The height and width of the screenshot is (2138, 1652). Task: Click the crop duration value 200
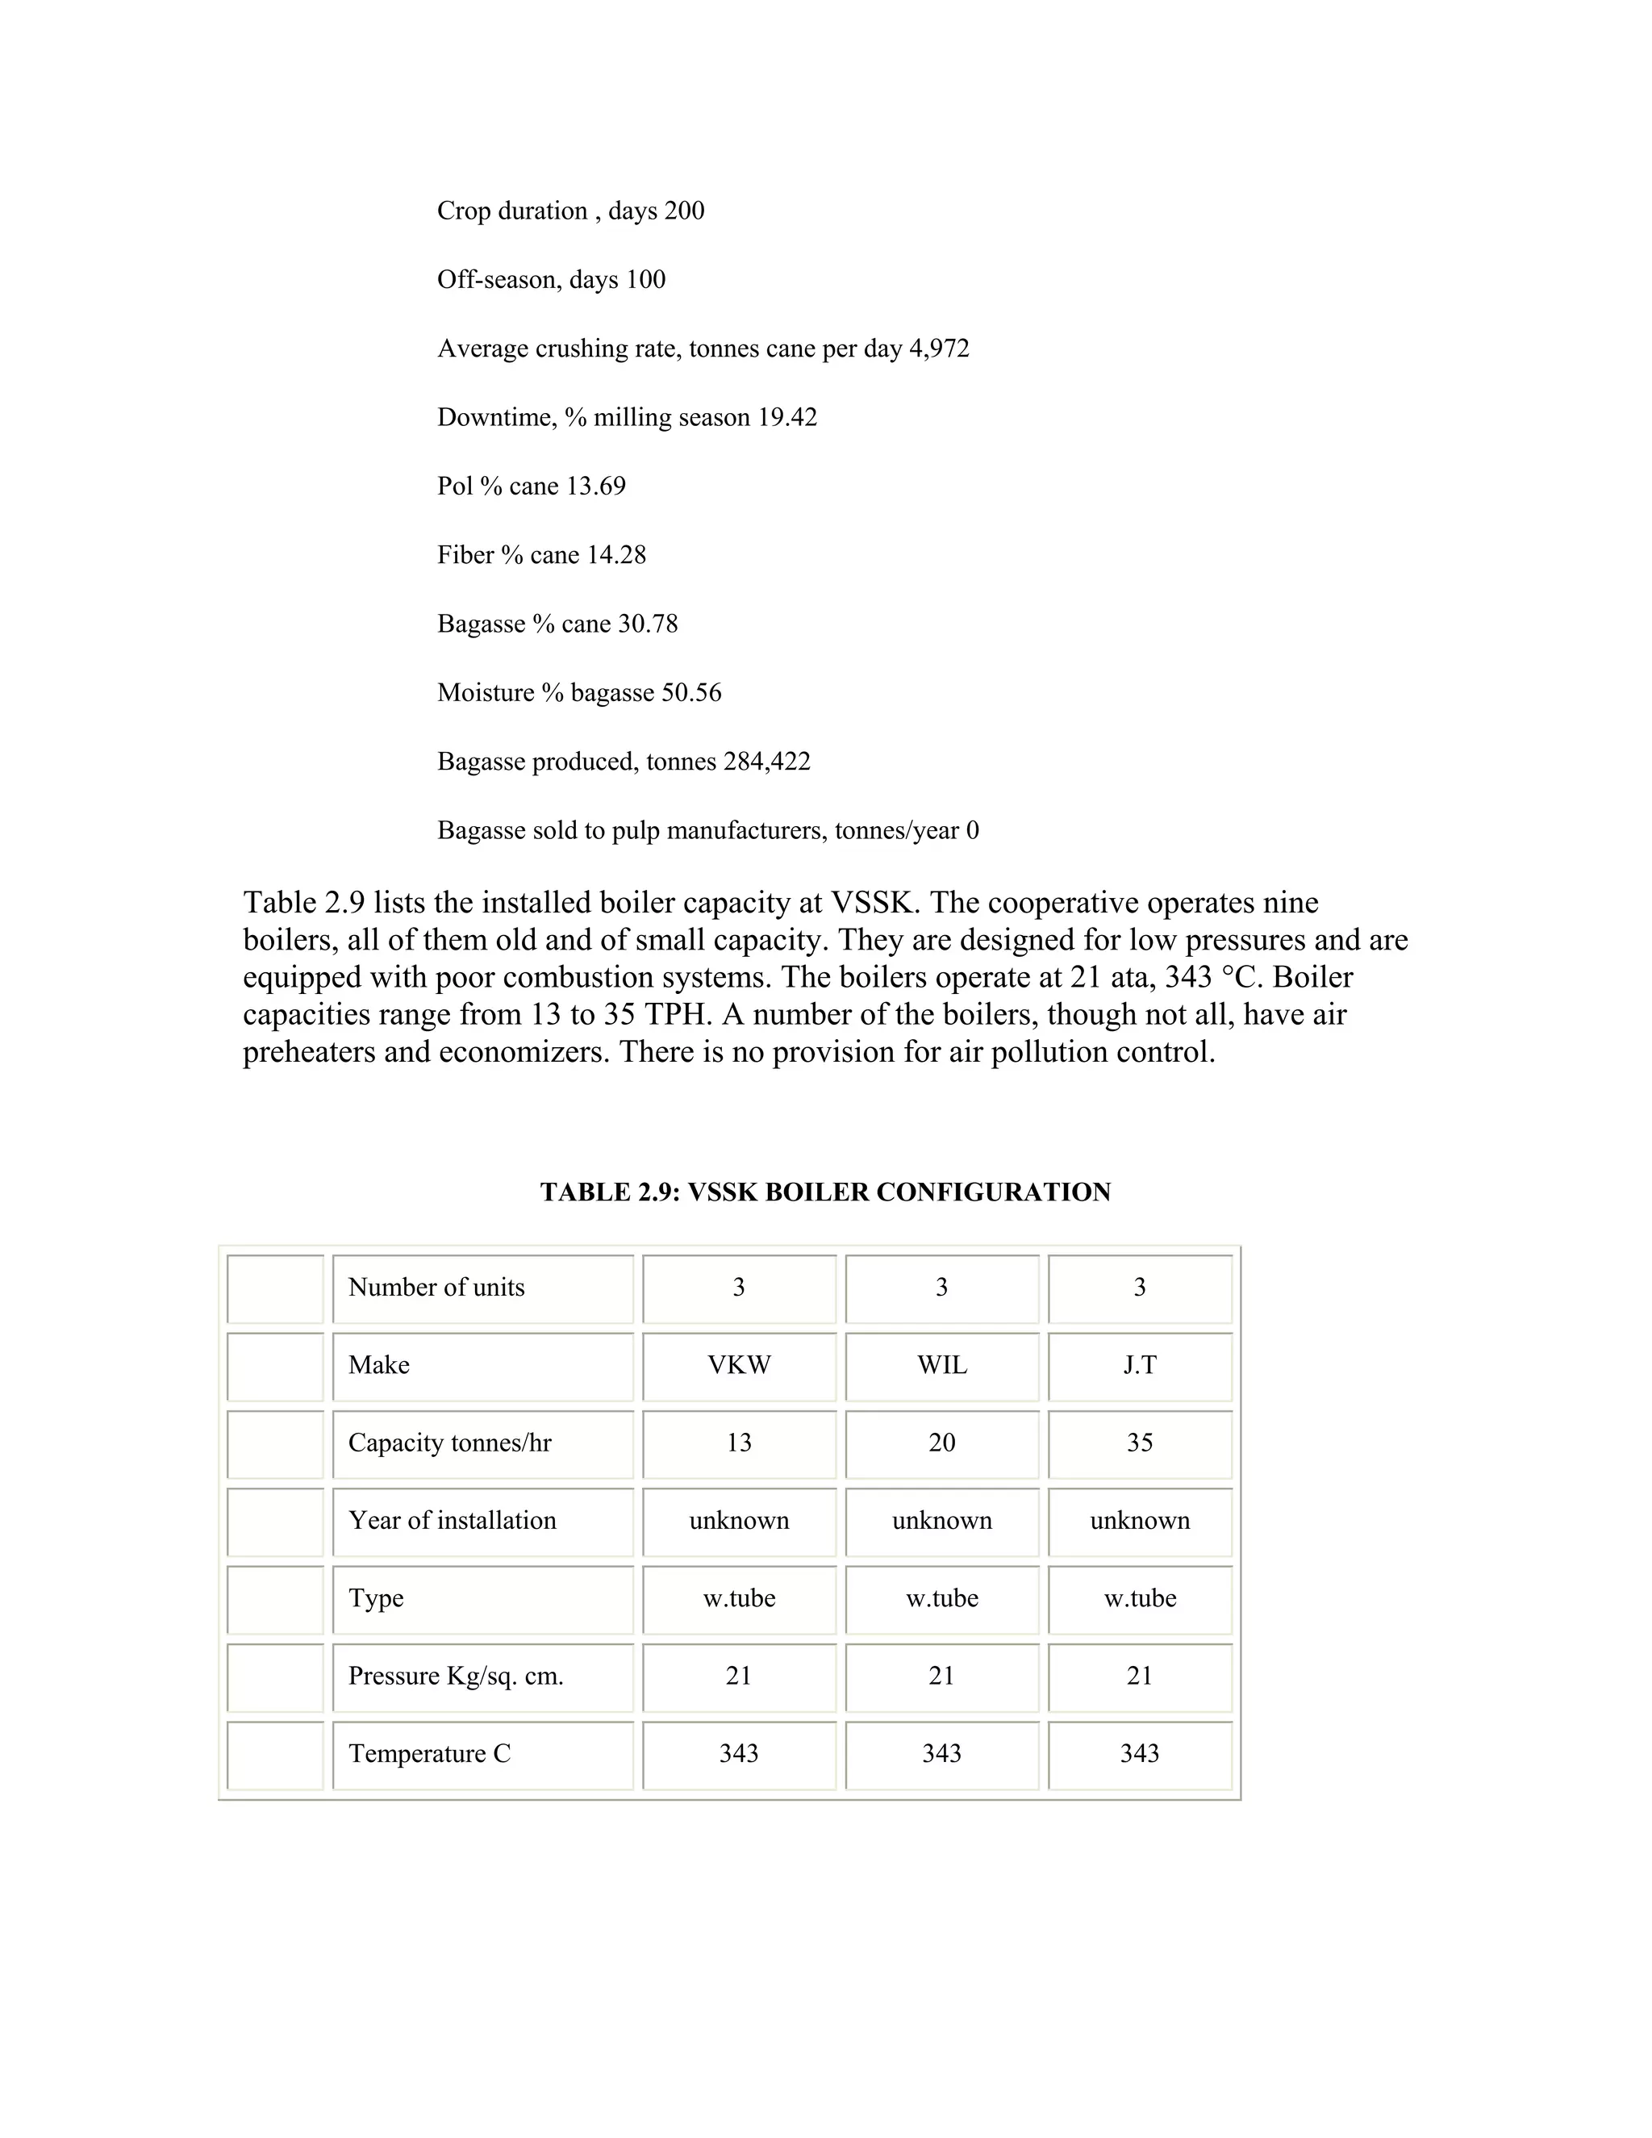pos(684,211)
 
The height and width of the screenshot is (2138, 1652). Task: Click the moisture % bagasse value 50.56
pos(691,693)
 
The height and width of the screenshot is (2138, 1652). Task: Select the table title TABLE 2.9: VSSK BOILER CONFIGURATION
pos(825,1192)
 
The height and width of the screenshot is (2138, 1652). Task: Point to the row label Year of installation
pos(453,1520)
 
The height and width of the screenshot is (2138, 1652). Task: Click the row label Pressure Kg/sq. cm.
pos(456,1676)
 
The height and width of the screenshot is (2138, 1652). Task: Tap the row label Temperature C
pos(430,1753)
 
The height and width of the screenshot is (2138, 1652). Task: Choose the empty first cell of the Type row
pos(275,1598)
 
